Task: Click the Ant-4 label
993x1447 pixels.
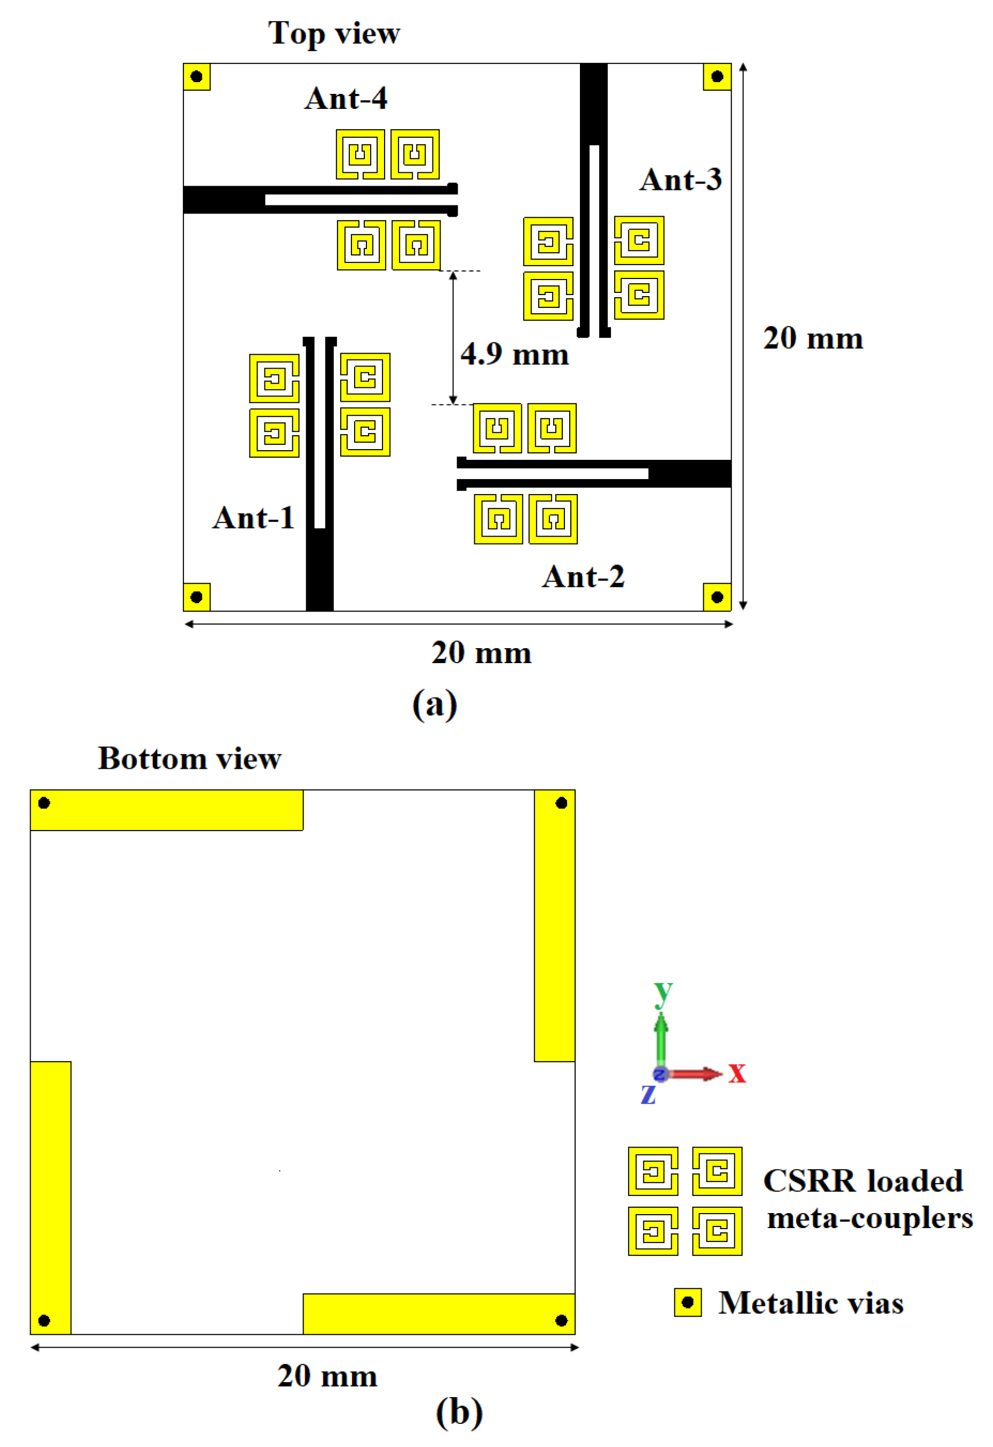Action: (x=345, y=98)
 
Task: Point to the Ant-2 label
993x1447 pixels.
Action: (x=583, y=577)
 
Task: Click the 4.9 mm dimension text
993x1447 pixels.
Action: (x=514, y=354)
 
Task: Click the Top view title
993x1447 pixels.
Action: (x=334, y=33)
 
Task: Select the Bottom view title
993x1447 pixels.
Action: (x=189, y=758)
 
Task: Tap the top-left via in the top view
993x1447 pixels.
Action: (x=196, y=77)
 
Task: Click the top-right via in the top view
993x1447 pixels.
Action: (x=717, y=77)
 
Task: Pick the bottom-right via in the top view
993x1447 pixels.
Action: (x=717, y=597)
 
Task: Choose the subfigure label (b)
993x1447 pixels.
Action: (x=459, y=1412)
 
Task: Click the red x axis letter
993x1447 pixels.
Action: (x=737, y=1074)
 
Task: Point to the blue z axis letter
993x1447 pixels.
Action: (x=648, y=1093)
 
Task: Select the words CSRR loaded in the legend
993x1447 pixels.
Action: (x=863, y=1180)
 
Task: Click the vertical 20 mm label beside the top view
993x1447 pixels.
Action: (x=813, y=339)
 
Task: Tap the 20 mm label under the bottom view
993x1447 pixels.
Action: (x=327, y=1376)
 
